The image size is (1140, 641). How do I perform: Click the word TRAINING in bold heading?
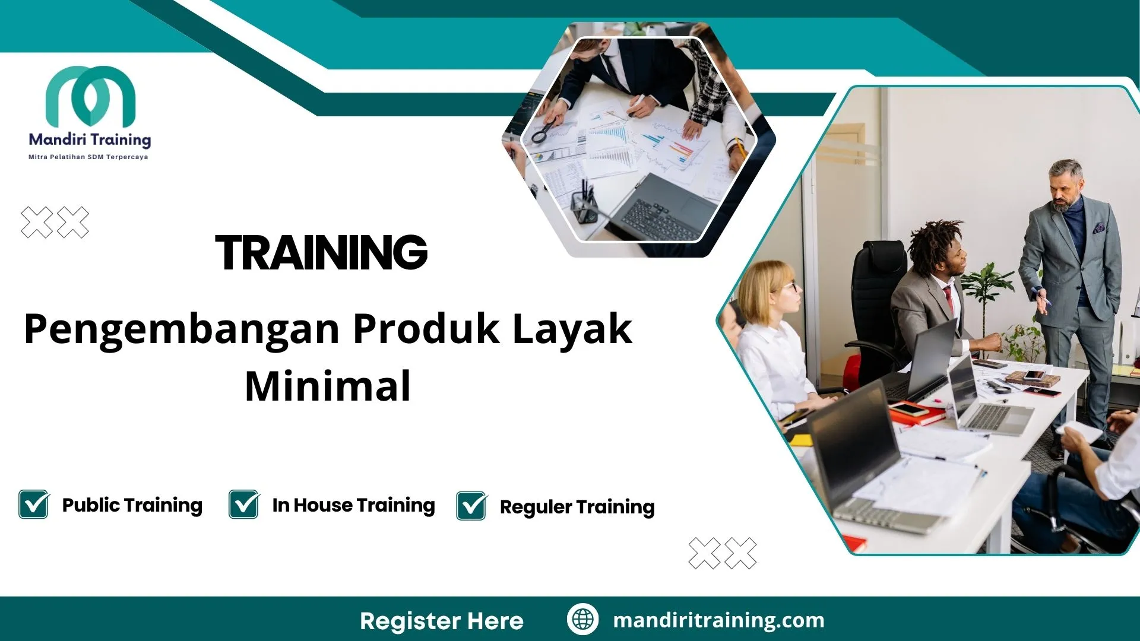click(321, 253)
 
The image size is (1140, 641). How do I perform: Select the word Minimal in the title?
click(328, 386)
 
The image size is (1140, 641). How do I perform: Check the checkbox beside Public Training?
click(34, 504)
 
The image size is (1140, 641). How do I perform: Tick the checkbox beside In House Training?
click(244, 504)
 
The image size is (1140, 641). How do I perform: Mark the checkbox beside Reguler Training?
click(471, 506)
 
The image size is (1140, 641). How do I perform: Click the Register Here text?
click(442, 621)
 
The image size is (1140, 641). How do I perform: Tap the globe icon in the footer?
click(582, 619)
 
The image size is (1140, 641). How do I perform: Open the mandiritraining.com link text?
click(718, 620)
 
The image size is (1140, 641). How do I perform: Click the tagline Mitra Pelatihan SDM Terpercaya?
click(88, 157)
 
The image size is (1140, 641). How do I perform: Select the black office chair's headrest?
click(879, 255)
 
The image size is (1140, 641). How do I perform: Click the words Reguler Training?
click(577, 507)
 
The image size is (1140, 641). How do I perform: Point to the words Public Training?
click(132, 505)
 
